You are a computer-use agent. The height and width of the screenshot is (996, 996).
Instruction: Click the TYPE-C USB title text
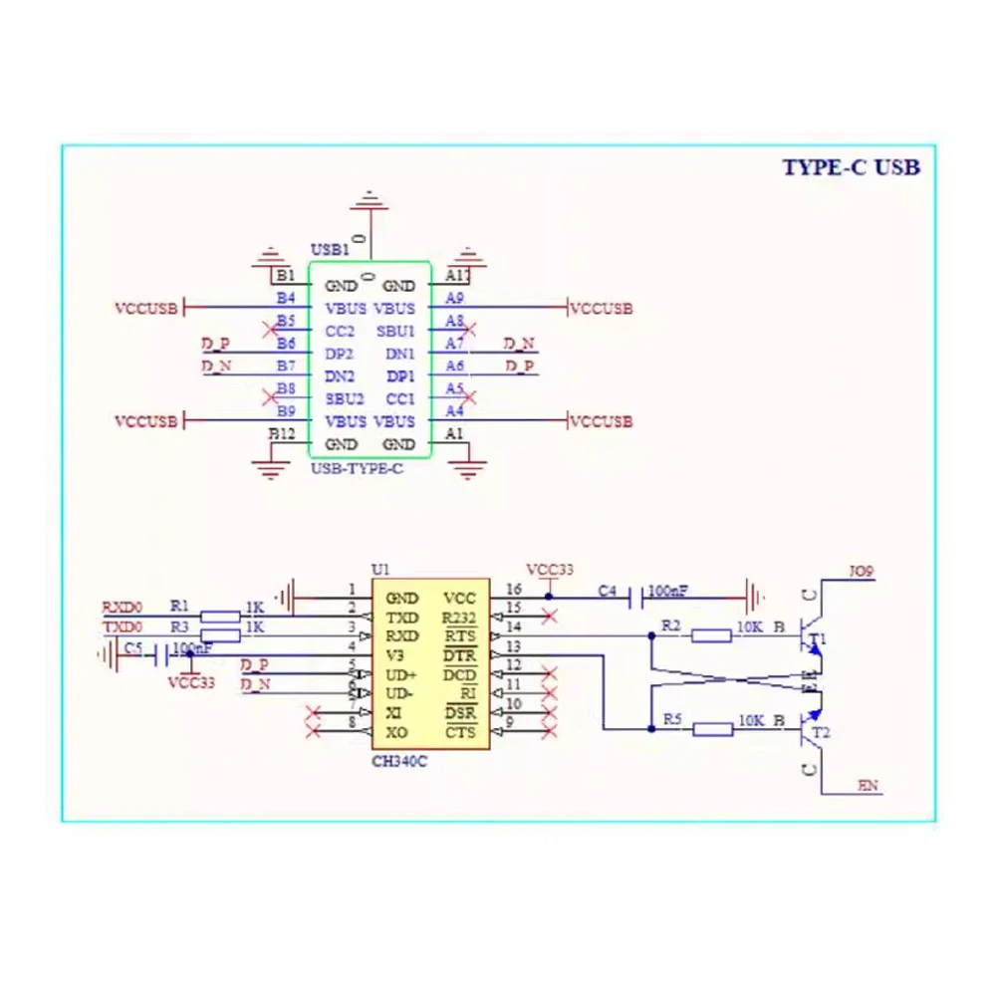[x=851, y=167]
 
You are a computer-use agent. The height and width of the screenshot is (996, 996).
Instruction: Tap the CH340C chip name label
[x=399, y=762]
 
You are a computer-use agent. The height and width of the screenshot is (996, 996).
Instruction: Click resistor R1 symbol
[x=220, y=617]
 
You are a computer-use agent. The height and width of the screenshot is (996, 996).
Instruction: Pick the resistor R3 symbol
[x=220, y=635]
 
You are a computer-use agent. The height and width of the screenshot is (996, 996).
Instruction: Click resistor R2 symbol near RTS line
[x=712, y=635]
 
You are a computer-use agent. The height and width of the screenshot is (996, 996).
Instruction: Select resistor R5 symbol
[x=712, y=729]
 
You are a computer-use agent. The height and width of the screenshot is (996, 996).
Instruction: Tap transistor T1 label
[x=819, y=638]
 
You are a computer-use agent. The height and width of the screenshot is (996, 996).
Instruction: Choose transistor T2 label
[x=820, y=733]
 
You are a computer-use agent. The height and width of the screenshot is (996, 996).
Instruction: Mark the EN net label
[x=869, y=787]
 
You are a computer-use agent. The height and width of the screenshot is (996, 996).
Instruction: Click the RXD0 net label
[x=123, y=607]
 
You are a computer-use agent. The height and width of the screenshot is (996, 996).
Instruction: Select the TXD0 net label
[x=124, y=626]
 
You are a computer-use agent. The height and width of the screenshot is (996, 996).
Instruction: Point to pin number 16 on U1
[x=514, y=590]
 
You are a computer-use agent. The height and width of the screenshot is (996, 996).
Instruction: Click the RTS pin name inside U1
[x=460, y=635]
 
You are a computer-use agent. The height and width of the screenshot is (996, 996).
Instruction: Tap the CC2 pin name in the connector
[x=340, y=331]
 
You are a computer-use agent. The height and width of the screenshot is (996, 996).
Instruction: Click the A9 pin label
[x=454, y=298]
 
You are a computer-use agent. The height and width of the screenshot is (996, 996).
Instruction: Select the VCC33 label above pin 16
[x=550, y=570]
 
